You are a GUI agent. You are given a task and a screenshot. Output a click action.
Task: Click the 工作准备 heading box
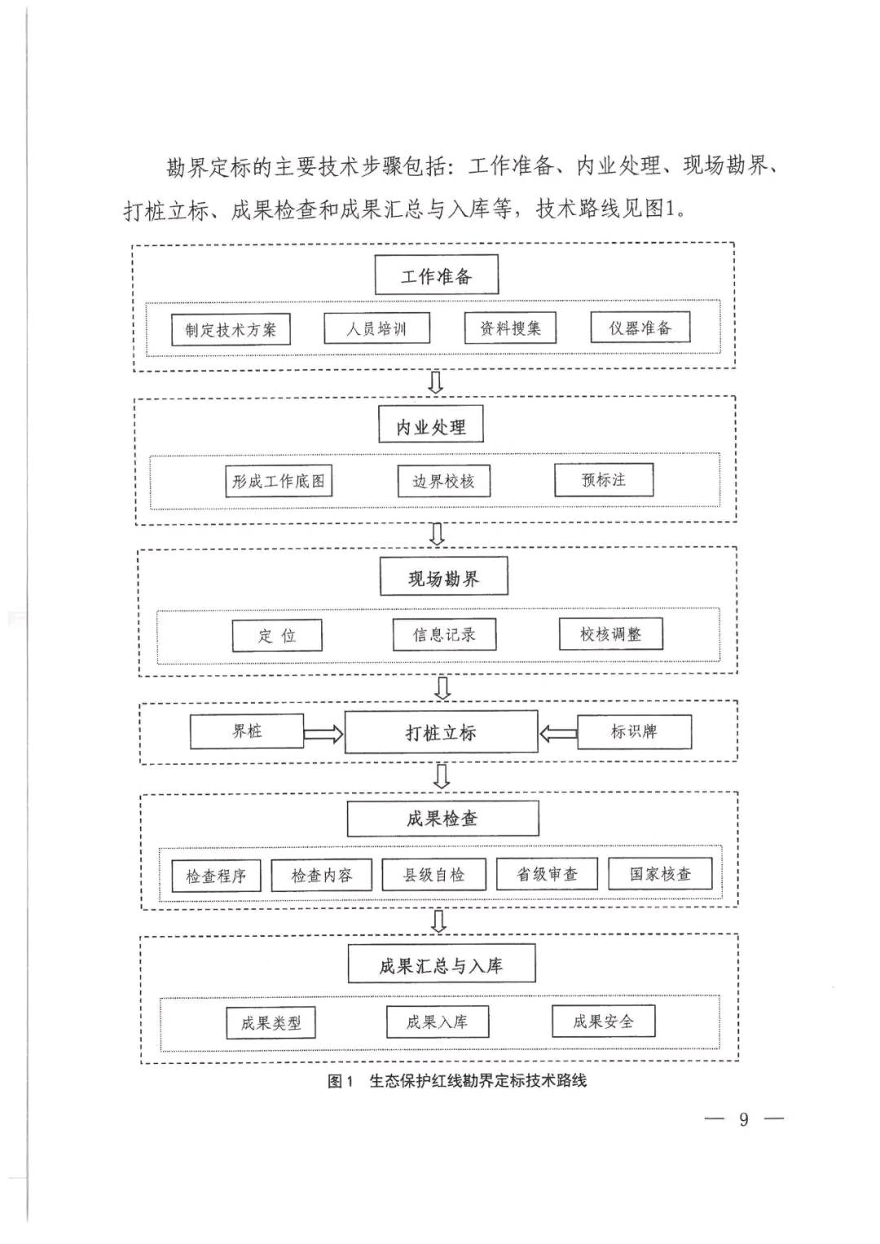pos(437,275)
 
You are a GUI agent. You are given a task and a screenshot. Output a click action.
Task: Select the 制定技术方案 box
pos(231,329)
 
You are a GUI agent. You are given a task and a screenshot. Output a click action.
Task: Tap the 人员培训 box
pos(377,329)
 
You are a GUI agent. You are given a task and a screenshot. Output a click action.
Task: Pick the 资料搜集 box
pos(510,328)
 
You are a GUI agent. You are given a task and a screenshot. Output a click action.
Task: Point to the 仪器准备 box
pos(640,327)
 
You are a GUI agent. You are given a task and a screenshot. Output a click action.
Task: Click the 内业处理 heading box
pos(431,424)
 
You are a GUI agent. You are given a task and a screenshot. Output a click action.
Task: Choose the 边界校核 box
pos(443,481)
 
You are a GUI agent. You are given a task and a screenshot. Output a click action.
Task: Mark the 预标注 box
pos(604,480)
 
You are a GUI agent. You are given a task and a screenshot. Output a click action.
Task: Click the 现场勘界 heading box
pos(443,576)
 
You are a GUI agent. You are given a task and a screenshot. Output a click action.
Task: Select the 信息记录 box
pos(444,634)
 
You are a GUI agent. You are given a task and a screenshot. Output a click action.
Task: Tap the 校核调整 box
pos(611,633)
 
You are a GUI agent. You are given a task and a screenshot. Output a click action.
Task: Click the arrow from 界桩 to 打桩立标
pos(323,734)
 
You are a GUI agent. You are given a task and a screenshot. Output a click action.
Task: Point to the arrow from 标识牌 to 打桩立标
pos(558,734)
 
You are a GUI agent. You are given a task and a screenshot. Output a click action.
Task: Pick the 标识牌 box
pos(635,731)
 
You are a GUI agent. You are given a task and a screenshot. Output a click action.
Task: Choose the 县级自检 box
pos(433,875)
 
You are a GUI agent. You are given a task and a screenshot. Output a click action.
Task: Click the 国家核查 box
pos(660,874)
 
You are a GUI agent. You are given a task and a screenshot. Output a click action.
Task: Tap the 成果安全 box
pos(604,1021)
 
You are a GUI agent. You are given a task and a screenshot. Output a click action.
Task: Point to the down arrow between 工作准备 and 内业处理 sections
pos(437,382)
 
